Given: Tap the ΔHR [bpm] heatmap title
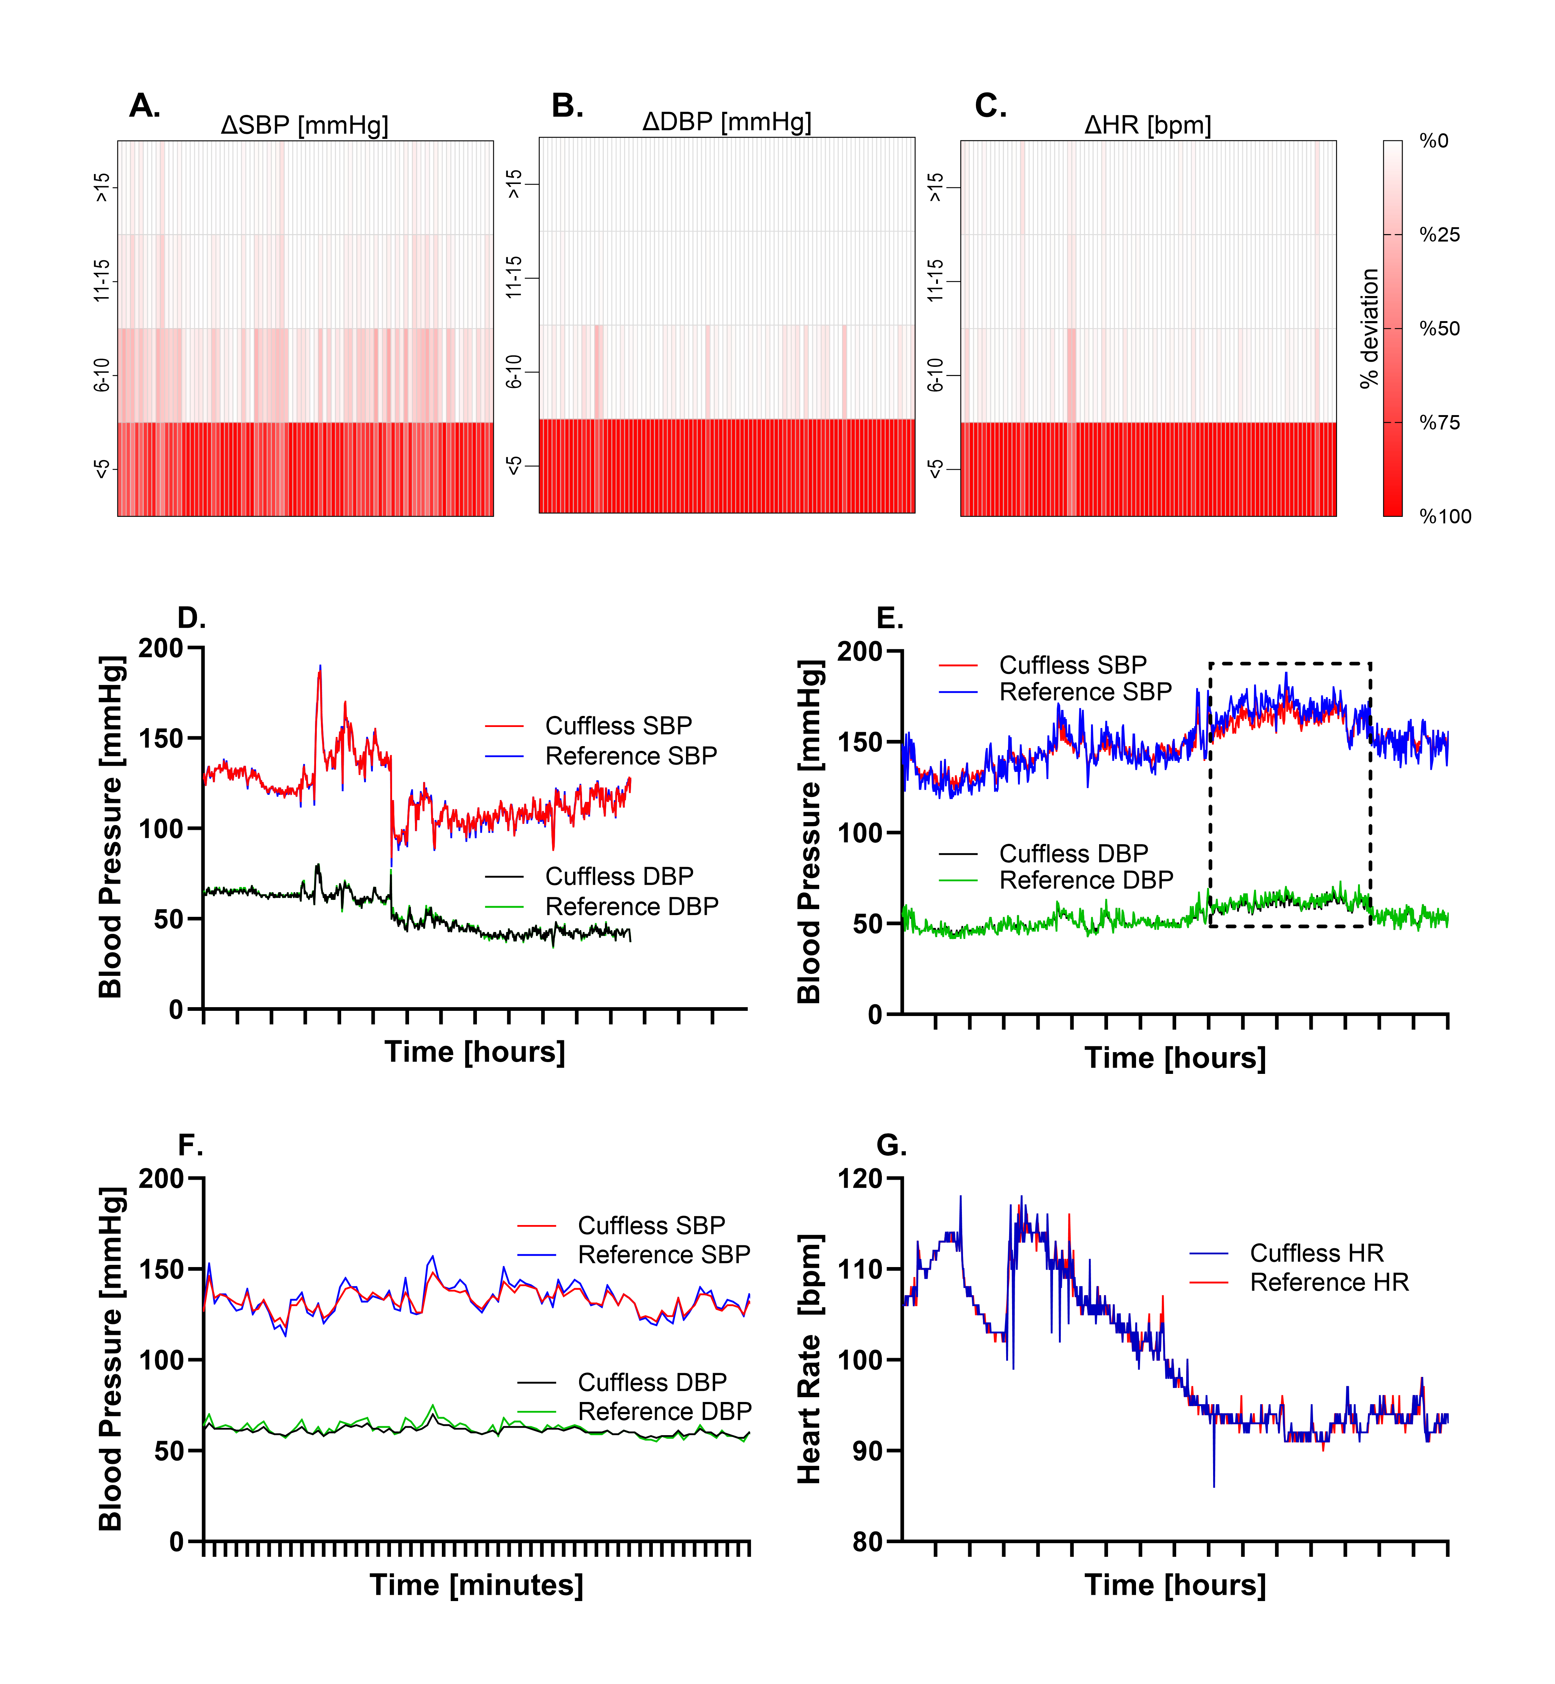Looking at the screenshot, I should pos(1148,125).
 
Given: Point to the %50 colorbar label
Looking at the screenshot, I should pos(1440,329).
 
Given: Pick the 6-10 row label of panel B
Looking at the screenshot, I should pos(514,371).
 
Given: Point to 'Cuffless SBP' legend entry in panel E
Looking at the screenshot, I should pos(1072,665).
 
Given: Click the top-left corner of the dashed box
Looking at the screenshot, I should pos(1211,664).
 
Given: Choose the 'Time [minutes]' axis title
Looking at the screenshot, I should pos(476,1585).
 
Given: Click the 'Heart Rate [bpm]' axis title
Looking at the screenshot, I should pos(810,1358).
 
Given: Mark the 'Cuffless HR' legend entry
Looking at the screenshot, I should pos(1316,1253).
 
